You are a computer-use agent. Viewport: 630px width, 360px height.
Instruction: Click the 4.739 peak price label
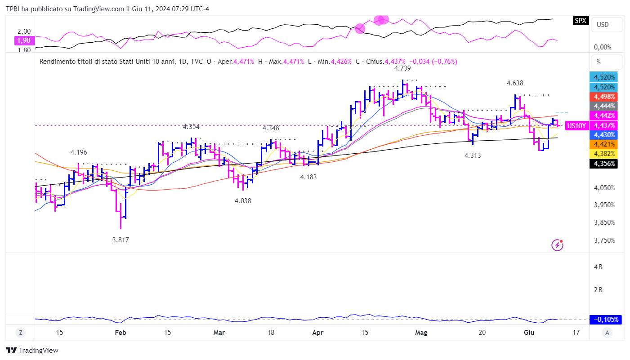[402, 68]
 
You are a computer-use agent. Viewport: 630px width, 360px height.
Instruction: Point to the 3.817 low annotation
[121, 240]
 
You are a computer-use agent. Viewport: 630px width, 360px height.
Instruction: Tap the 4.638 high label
[514, 83]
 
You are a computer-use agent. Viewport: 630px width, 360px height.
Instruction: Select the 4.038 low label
[243, 201]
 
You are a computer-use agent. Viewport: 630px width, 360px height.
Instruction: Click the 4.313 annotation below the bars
[473, 156]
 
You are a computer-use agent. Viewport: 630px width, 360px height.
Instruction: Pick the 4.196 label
[79, 152]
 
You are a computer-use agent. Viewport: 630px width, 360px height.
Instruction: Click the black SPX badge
[581, 20]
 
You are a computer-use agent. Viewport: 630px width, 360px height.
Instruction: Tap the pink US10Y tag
[576, 126]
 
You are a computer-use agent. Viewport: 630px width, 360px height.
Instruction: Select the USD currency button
[603, 24]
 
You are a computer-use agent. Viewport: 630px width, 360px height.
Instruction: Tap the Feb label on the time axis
[120, 333]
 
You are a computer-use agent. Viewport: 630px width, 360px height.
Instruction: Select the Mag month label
[421, 333]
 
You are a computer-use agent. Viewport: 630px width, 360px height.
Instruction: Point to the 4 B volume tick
[598, 267]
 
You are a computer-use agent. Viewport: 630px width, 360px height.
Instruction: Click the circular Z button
[21, 333]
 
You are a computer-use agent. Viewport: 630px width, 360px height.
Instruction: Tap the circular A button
[607, 333]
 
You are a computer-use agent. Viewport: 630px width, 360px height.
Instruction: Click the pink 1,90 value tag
[24, 40]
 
